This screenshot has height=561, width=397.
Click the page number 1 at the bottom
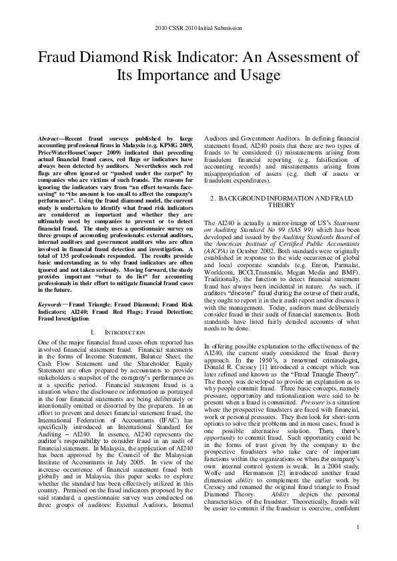click(358, 546)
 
